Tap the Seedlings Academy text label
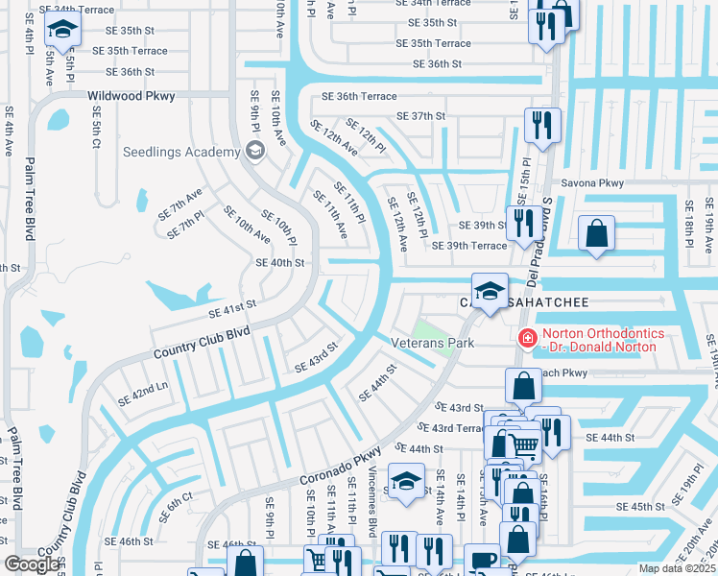pos(180,152)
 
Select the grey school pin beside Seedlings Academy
pos(254,150)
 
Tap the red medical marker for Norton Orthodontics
pos(526,337)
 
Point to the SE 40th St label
pos(279,262)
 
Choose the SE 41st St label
pos(233,309)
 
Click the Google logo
pos(33,564)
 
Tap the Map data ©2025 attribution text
pos(677,568)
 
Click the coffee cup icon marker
pos(483,559)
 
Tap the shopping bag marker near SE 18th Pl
pos(596,234)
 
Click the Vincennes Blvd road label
pos(371,503)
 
